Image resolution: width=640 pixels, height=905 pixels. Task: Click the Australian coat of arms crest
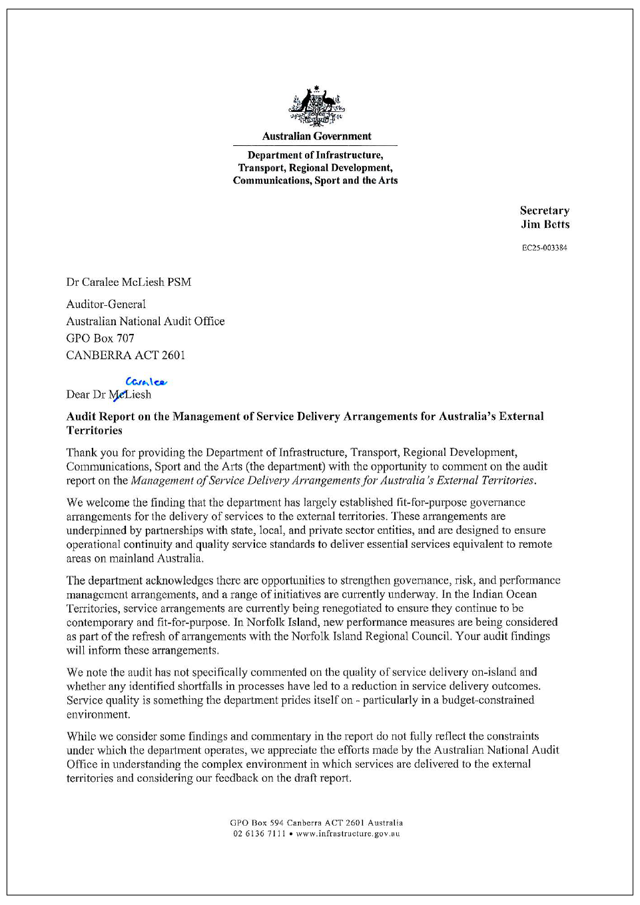click(x=317, y=106)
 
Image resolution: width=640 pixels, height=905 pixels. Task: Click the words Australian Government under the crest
click(x=316, y=136)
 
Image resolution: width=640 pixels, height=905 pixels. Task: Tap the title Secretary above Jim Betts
click(x=544, y=211)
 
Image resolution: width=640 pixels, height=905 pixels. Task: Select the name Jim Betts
click(x=545, y=225)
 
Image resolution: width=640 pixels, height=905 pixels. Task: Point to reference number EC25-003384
click(x=544, y=248)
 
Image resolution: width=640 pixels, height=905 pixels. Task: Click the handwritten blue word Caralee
click(x=146, y=382)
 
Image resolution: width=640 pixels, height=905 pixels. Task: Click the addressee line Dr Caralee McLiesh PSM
click(x=129, y=282)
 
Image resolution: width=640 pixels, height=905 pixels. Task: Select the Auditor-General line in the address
click(x=106, y=304)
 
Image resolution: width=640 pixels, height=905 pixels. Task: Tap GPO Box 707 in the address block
click(x=100, y=338)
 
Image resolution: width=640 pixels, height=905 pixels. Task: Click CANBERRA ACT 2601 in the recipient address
click(x=125, y=355)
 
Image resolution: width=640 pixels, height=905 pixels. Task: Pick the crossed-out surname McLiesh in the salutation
click(x=130, y=395)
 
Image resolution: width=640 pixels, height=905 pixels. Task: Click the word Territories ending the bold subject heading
click(x=95, y=431)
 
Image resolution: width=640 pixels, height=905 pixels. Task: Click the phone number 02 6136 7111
click(x=259, y=834)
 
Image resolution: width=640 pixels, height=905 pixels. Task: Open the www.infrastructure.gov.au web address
click(x=348, y=834)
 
